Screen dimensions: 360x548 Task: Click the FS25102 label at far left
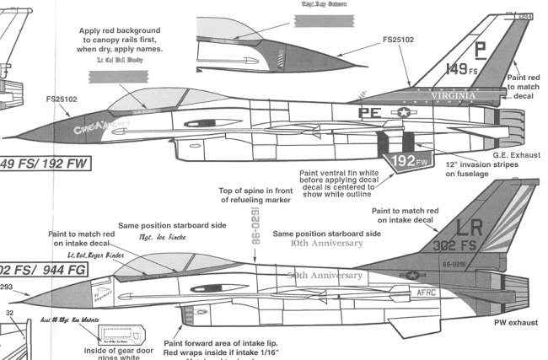(62, 99)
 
